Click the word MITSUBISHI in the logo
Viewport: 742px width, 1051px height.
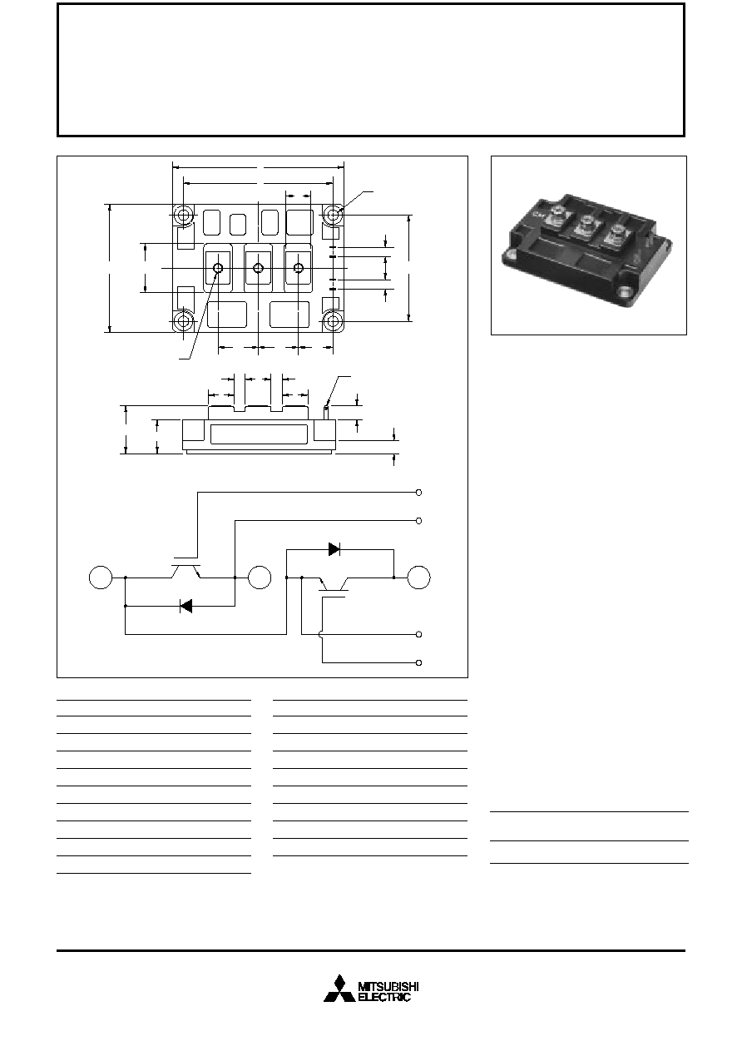click(388, 987)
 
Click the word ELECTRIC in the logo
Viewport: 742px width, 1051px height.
click(384, 997)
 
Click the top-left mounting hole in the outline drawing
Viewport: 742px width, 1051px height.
click(183, 215)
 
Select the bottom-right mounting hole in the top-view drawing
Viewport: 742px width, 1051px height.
click(333, 321)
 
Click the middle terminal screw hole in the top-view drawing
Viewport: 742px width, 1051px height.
click(259, 268)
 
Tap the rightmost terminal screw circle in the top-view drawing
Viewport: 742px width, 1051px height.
click(299, 268)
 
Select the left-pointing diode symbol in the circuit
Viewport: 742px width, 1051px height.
click(186, 606)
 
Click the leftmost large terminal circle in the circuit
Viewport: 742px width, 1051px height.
click(101, 578)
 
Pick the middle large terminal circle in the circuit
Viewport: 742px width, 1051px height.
click(260, 578)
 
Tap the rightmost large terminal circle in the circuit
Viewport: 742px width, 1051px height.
click(418, 578)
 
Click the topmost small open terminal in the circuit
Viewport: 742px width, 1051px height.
click(419, 493)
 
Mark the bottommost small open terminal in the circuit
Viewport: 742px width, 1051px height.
click(419, 662)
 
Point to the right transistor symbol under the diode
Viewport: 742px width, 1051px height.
click(334, 587)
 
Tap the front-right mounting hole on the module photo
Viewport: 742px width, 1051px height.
click(624, 292)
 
